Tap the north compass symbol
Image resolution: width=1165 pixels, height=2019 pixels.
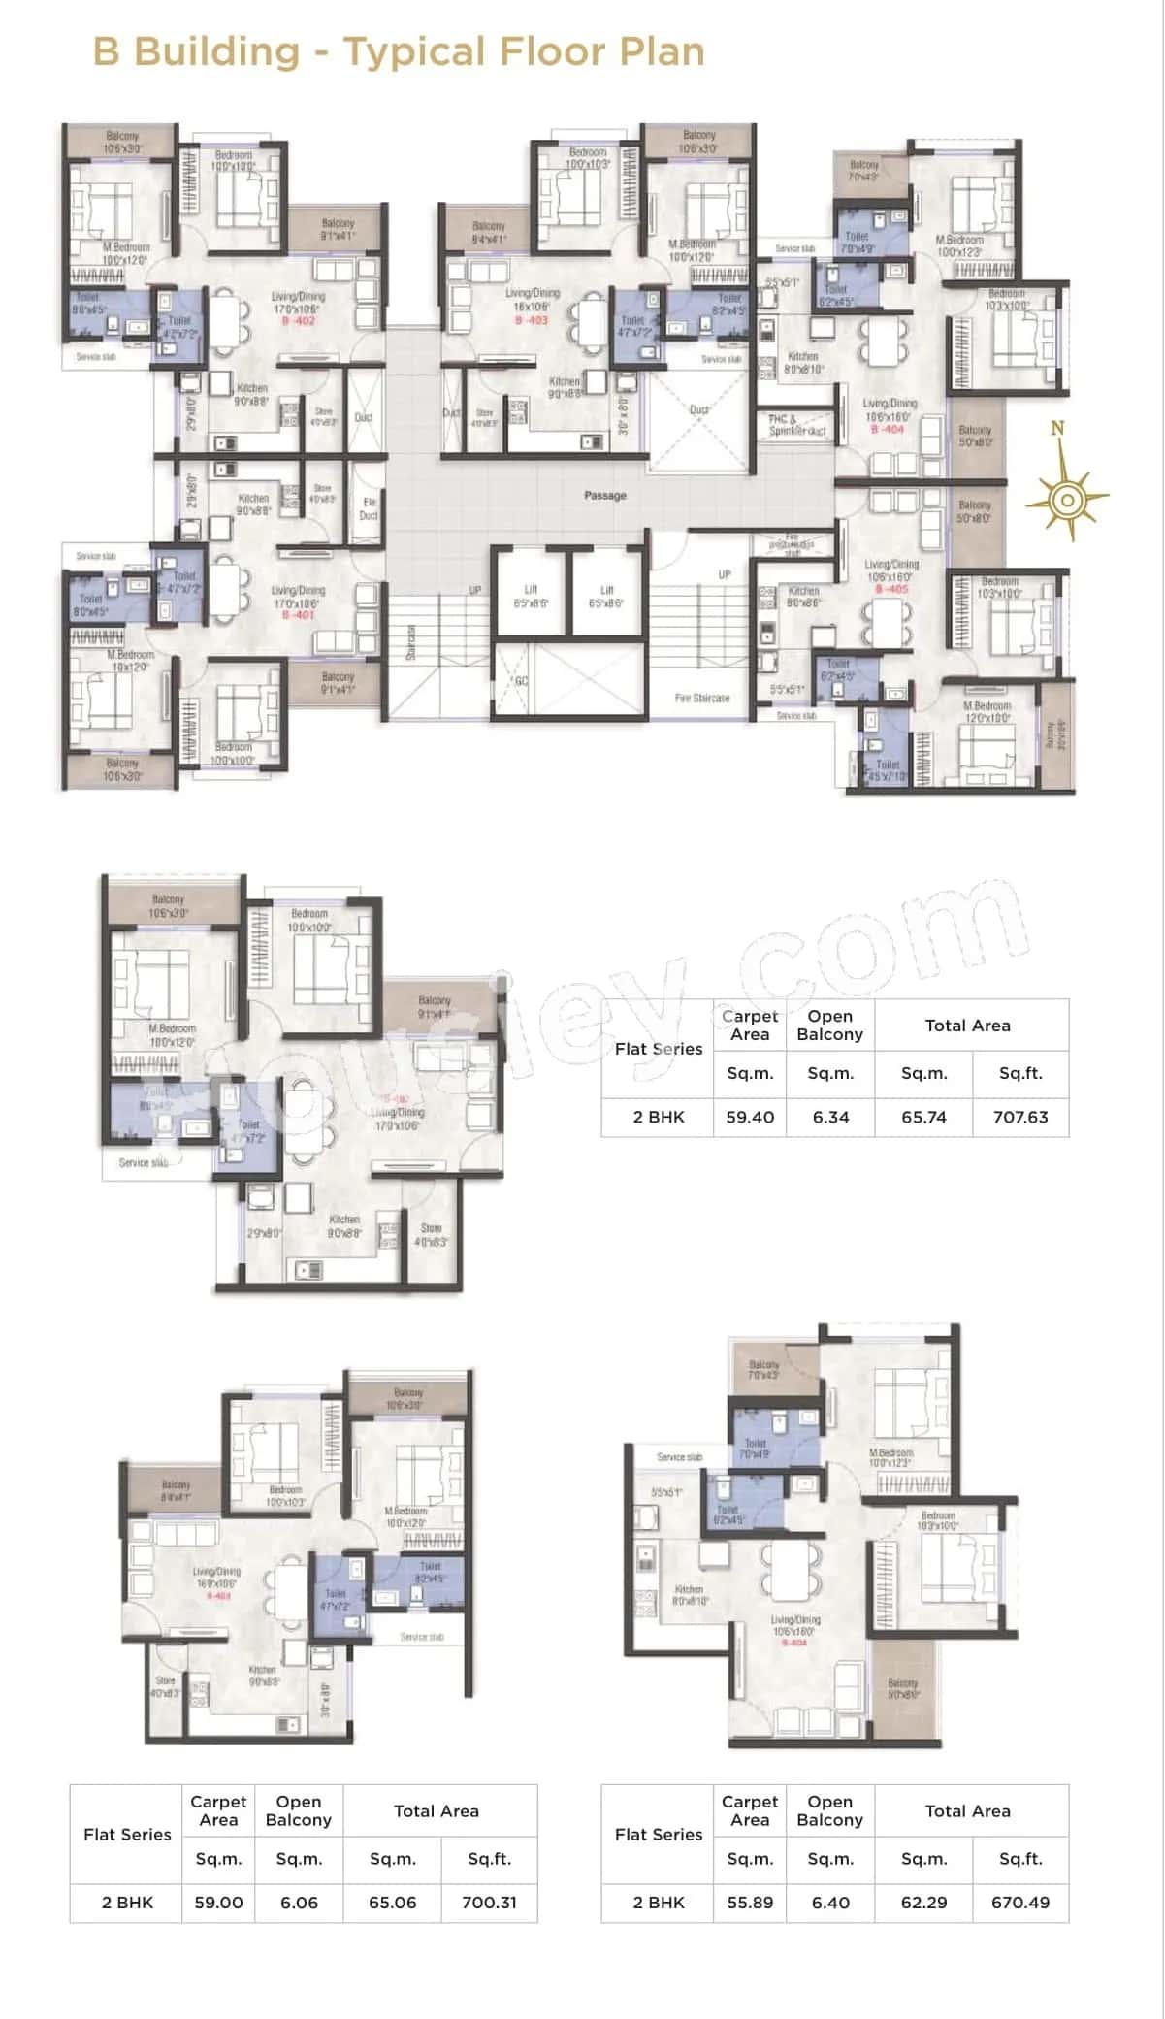(x=1066, y=499)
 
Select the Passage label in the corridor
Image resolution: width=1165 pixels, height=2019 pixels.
(x=604, y=496)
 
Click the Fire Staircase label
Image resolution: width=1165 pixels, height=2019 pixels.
(x=701, y=698)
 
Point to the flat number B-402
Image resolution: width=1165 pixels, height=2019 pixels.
(x=298, y=321)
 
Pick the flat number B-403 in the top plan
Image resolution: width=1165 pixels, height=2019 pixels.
(x=532, y=320)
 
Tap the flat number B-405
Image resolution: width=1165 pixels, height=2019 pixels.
(x=890, y=589)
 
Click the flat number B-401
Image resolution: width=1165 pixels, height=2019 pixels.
(x=298, y=615)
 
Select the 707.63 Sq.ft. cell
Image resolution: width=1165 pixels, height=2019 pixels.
(x=1020, y=1117)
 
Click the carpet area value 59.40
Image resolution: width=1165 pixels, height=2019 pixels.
(x=750, y=1117)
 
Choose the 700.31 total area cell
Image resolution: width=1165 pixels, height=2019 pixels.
(x=489, y=1903)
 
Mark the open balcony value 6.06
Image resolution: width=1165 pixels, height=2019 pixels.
(x=299, y=1903)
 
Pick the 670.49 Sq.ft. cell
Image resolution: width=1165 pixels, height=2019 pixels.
(x=1020, y=1903)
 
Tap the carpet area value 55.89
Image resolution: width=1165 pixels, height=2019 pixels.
(x=750, y=1903)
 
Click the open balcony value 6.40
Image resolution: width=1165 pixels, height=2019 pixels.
(x=830, y=1903)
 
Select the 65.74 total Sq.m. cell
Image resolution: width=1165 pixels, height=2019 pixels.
(x=923, y=1117)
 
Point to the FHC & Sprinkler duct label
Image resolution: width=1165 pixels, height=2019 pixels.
(x=796, y=425)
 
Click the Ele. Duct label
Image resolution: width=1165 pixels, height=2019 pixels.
(x=369, y=508)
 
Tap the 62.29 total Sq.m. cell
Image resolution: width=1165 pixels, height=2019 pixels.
(x=923, y=1903)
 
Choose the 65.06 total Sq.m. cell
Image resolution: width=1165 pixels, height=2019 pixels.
(x=392, y=1903)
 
